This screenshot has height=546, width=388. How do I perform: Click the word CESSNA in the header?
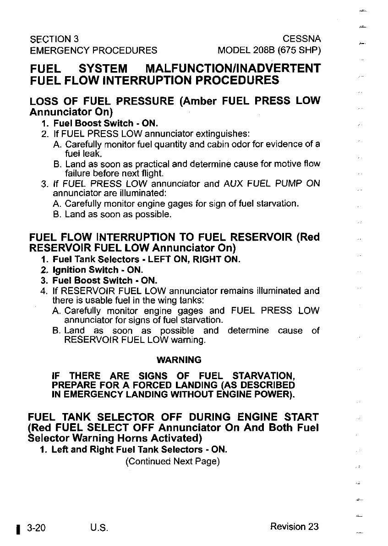[302, 38]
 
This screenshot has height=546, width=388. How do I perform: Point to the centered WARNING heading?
[179, 359]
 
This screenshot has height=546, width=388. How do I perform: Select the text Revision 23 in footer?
[294, 527]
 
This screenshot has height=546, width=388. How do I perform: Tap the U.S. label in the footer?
[99, 527]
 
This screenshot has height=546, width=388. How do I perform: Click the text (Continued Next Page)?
[173, 461]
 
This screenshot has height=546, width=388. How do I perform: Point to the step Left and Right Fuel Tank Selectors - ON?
[139, 450]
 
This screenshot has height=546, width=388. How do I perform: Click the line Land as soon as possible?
[118, 214]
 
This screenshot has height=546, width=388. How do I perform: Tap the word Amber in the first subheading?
[201, 100]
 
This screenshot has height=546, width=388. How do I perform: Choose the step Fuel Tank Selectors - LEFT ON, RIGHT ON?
[146, 259]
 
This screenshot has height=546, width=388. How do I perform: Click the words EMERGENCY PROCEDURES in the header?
[93, 50]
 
